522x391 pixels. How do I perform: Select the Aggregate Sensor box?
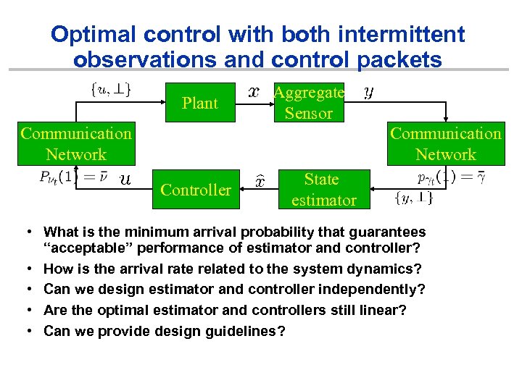pos(309,103)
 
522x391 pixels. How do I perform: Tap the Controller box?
pos(196,190)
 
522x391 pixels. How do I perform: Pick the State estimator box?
pos(323,190)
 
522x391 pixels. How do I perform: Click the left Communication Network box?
pos(76,144)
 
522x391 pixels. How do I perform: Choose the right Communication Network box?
pos(446,144)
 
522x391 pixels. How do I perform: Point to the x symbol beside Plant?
pos(254,92)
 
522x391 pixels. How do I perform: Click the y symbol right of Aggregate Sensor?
pos(368,92)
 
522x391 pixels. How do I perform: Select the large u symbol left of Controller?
pos(125,180)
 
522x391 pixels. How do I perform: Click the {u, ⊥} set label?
pos(111,89)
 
